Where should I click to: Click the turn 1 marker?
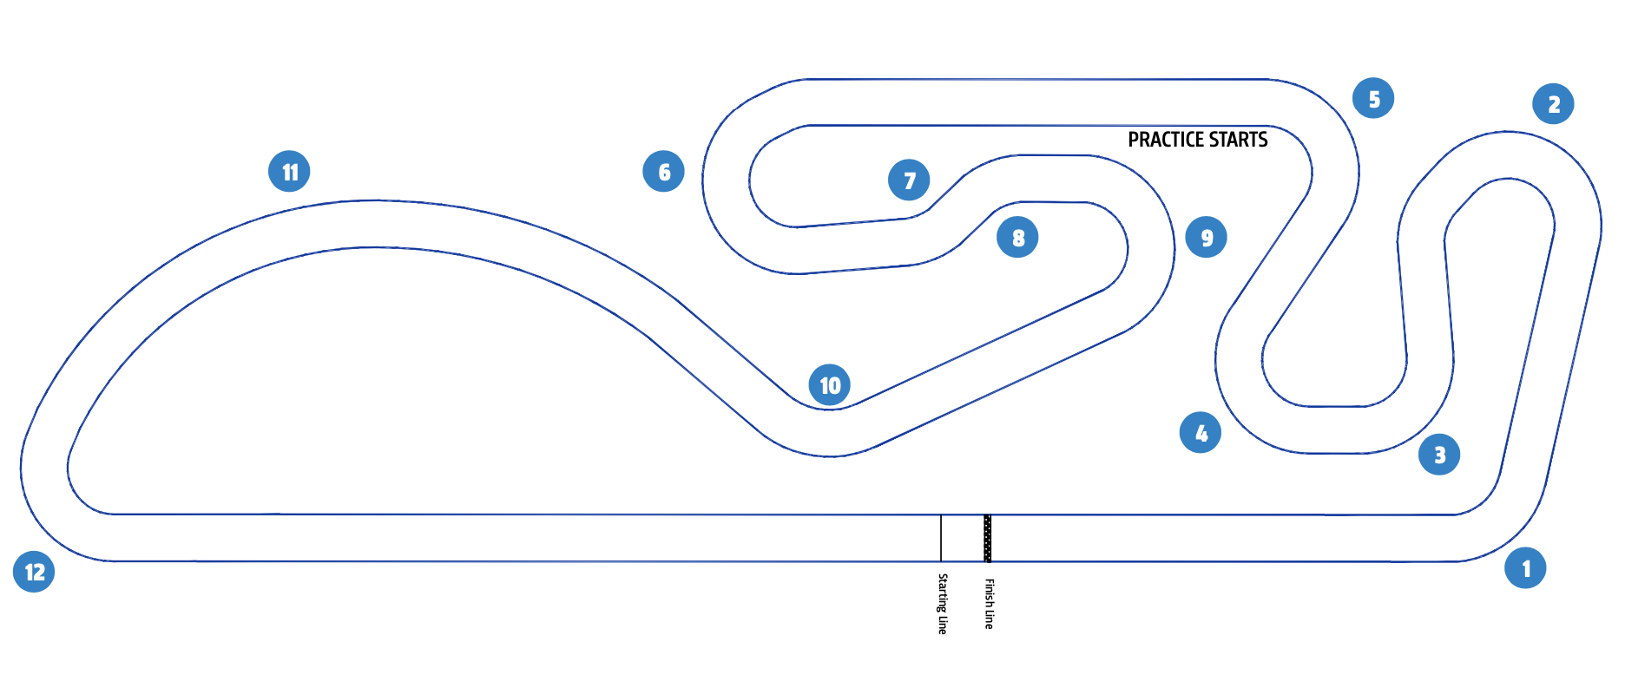tap(1525, 568)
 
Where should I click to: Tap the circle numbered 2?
tap(1553, 104)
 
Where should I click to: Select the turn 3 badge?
tap(1438, 455)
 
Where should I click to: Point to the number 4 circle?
tap(1201, 433)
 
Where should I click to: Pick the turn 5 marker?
tap(1373, 99)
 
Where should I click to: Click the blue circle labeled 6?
tap(663, 172)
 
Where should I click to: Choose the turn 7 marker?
tap(909, 180)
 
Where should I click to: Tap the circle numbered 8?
tap(1017, 238)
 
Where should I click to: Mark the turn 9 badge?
tap(1206, 238)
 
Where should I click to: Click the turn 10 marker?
tap(830, 385)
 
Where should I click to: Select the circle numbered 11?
tap(289, 172)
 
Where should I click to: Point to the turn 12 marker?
tap(34, 572)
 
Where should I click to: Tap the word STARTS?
tap(1239, 140)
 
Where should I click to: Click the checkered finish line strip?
tap(987, 538)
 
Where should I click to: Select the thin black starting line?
tap(941, 538)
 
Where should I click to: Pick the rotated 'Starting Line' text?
tap(943, 604)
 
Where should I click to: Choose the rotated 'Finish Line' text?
tap(989, 604)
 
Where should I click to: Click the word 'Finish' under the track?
tap(989, 592)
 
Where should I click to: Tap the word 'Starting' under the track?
tap(943, 593)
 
